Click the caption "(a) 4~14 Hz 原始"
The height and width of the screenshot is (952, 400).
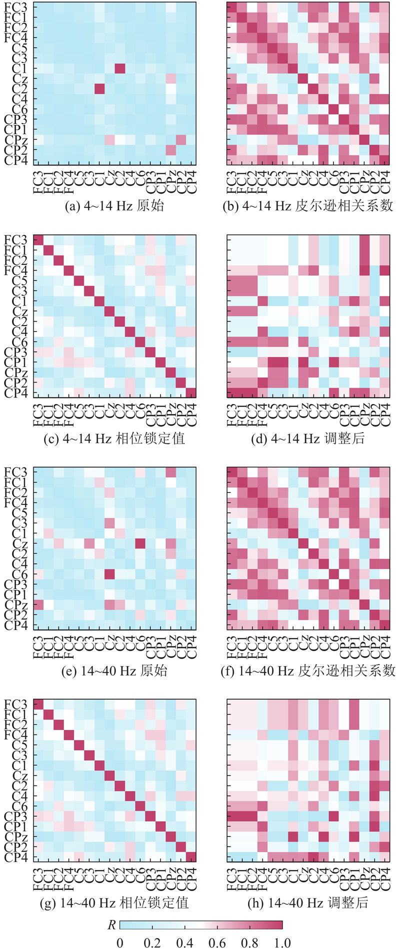point(114,206)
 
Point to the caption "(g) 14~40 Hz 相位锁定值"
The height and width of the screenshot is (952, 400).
point(114,902)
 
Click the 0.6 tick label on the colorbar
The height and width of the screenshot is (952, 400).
point(217,942)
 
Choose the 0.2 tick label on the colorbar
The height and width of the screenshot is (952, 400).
point(152,942)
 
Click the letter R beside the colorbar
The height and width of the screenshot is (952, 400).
point(111,925)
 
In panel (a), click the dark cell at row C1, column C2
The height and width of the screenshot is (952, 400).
point(120,68)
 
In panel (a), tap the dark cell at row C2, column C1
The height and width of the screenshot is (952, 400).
point(99,88)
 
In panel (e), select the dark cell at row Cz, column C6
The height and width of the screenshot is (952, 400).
point(140,543)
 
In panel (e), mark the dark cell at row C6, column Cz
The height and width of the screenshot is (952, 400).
point(109,573)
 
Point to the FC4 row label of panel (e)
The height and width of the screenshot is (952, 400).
point(18,502)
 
